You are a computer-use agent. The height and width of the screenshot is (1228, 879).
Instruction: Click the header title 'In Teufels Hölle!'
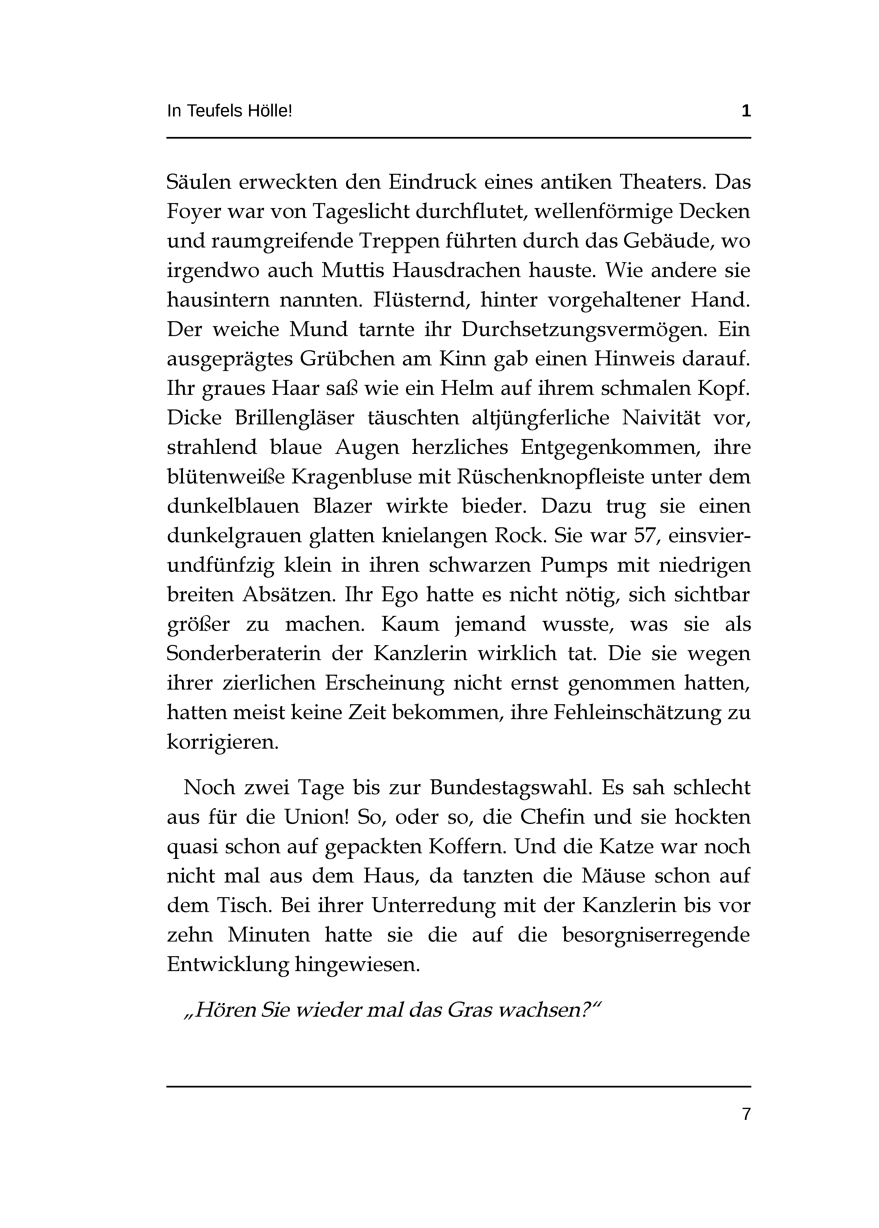pos(229,111)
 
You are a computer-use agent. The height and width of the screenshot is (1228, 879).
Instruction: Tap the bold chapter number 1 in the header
pos(746,111)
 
